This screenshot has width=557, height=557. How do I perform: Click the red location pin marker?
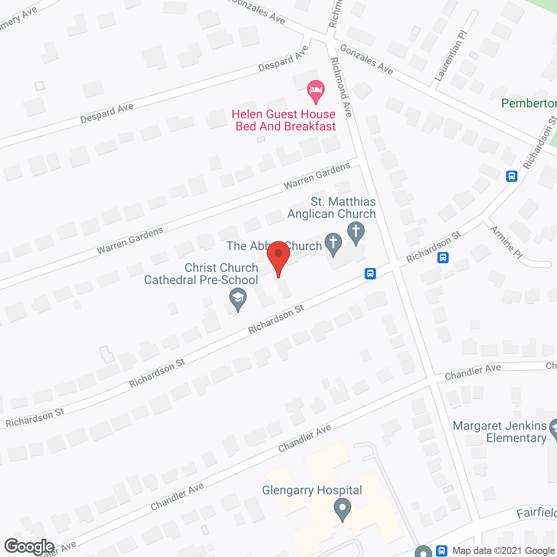[278, 257]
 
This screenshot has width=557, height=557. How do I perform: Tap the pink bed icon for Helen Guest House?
[315, 91]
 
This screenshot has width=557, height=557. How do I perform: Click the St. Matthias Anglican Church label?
[332, 208]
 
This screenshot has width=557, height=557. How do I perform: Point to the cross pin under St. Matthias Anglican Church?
[356, 232]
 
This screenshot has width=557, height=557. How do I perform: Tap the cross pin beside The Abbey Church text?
[334, 244]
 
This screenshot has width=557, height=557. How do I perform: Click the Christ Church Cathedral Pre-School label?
[201, 274]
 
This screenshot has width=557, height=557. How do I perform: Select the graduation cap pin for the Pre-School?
[238, 299]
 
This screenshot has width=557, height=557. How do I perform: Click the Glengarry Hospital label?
[312, 490]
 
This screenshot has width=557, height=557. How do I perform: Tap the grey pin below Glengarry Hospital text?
[342, 509]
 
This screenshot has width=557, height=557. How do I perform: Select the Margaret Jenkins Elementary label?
[500, 432]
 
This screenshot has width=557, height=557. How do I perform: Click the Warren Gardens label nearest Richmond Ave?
[317, 176]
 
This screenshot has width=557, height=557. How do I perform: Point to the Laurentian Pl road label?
[450, 56]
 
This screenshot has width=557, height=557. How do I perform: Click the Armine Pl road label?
[506, 242]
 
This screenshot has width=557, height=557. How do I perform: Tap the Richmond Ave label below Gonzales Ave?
[341, 87]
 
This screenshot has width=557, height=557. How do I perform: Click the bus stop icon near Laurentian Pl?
[512, 176]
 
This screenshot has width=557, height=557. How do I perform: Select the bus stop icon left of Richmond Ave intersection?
[370, 274]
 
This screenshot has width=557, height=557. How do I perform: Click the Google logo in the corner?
[29, 547]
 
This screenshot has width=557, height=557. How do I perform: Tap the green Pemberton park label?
[529, 103]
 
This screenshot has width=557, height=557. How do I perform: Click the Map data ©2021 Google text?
[504, 551]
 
